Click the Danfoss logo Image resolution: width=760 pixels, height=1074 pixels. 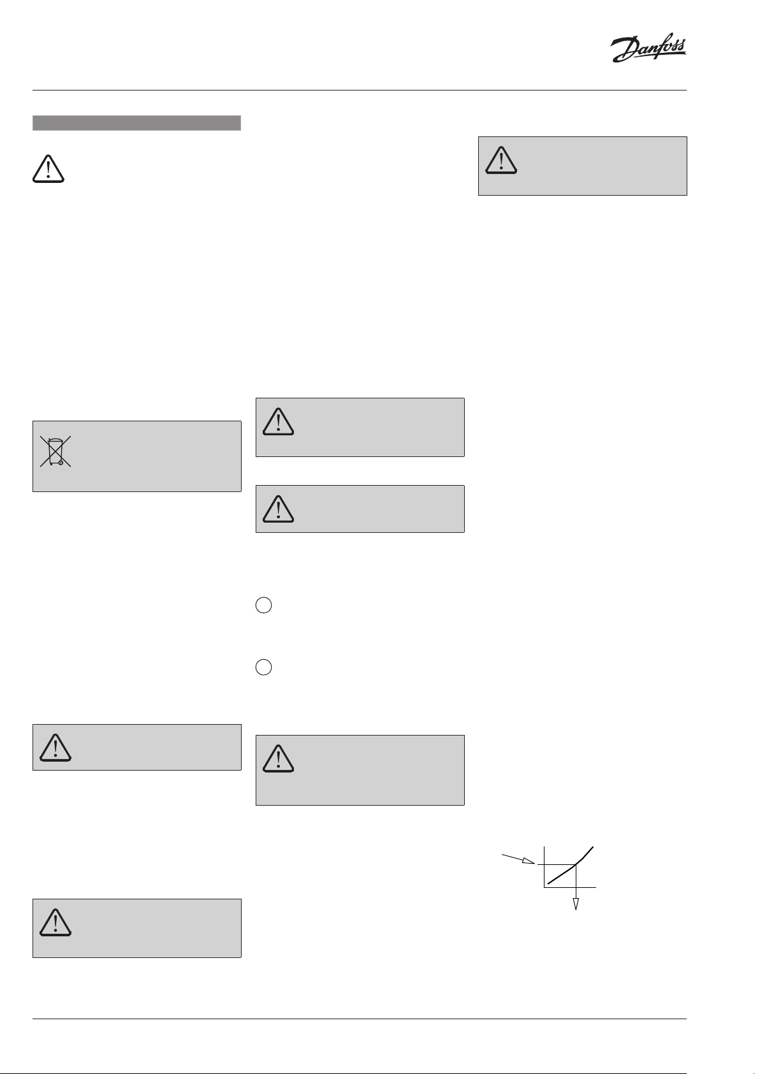tap(648, 50)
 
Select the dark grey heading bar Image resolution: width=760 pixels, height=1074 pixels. tap(136, 123)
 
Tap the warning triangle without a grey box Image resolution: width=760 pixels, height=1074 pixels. tap(48, 168)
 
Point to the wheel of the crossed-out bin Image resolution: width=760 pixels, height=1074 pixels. tap(61, 463)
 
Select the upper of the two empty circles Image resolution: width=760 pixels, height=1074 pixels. tap(264, 606)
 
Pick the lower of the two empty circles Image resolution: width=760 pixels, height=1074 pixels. tap(264, 667)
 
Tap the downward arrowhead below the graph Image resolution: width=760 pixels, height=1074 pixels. tap(576, 903)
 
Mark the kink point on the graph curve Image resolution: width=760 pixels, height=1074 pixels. tap(576, 864)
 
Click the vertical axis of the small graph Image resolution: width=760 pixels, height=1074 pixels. tap(544, 867)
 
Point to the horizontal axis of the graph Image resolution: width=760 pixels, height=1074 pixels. tap(570, 887)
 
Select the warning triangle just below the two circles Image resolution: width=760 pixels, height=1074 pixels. tap(278, 758)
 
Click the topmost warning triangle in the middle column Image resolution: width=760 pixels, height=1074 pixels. tap(278, 421)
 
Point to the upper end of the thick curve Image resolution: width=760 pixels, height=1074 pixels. tap(594, 847)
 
